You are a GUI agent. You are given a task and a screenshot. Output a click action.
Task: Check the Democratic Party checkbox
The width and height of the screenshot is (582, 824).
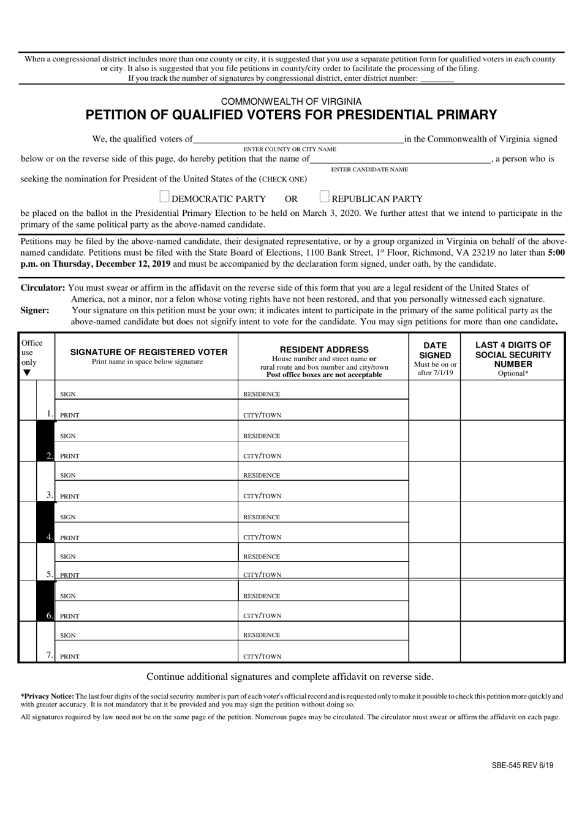tap(164, 197)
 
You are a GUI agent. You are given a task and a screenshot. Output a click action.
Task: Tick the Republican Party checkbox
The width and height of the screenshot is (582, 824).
tap(325, 197)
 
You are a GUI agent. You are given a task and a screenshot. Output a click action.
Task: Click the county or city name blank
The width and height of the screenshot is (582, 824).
tap(298, 140)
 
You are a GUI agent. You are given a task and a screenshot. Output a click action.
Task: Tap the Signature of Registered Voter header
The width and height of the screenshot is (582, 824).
tap(148, 352)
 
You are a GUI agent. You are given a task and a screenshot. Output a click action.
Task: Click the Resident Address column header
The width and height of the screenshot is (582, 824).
tap(324, 349)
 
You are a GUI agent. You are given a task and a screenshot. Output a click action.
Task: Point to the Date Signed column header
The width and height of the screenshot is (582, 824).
tap(435, 350)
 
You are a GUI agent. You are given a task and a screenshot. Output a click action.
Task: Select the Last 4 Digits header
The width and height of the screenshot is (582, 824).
tap(513, 354)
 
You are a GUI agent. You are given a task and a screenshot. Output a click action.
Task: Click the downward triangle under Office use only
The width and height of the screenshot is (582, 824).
tap(26, 373)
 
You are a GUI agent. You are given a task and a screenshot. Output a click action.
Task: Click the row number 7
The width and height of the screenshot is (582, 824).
tap(49, 655)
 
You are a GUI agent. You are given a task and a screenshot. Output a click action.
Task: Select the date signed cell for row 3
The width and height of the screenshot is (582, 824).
tap(434, 482)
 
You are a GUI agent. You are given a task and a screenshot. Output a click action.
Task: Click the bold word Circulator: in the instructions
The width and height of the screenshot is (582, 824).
tap(43, 288)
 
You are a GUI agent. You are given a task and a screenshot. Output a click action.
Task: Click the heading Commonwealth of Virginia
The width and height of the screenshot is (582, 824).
tap(291, 101)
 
